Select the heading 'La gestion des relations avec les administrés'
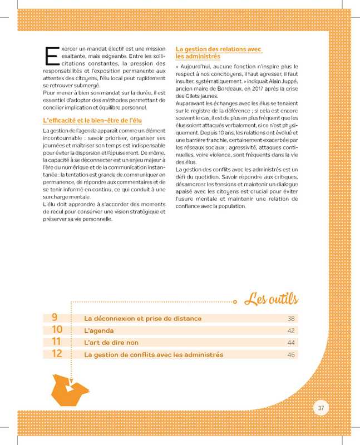pos(218,52)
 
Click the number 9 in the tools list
pos(55,318)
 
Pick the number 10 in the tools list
pos(57,330)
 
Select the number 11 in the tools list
pos(56,342)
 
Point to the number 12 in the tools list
pos(57,354)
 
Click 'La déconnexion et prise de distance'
pos(142,319)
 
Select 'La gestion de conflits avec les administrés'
pos(153,355)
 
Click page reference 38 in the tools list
pos(290,319)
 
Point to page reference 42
pos(290,331)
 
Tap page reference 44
pos(290,343)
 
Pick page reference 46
pos(290,355)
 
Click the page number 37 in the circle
pos(320,408)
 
